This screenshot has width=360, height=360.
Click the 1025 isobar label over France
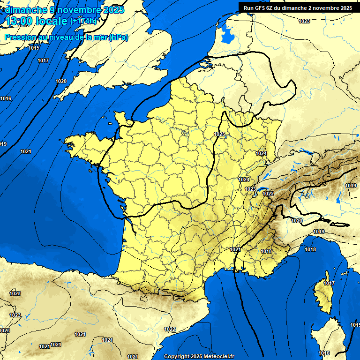click(x=219, y=134)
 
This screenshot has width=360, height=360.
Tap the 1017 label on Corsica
click(x=329, y=283)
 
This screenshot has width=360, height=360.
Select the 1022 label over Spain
click(x=170, y=329)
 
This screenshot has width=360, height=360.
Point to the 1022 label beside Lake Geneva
click(x=268, y=194)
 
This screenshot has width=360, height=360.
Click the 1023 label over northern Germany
click(x=304, y=21)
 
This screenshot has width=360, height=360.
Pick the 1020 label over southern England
click(x=61, y=81)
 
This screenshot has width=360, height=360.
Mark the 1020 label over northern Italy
click(x=297, y=221)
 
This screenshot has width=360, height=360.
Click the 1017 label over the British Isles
click(x=43, y=60)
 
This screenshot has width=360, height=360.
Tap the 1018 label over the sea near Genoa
click(x=310, y=249)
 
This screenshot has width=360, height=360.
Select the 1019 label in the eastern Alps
click(x=351, y=186)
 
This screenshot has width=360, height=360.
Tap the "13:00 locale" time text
click(x=37, y=21)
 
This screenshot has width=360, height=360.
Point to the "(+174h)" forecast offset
click(x=83, y=21)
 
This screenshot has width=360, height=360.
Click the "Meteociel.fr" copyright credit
click(x=218, y=356)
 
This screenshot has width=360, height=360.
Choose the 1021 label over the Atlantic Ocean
click(x=26, y=151)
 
